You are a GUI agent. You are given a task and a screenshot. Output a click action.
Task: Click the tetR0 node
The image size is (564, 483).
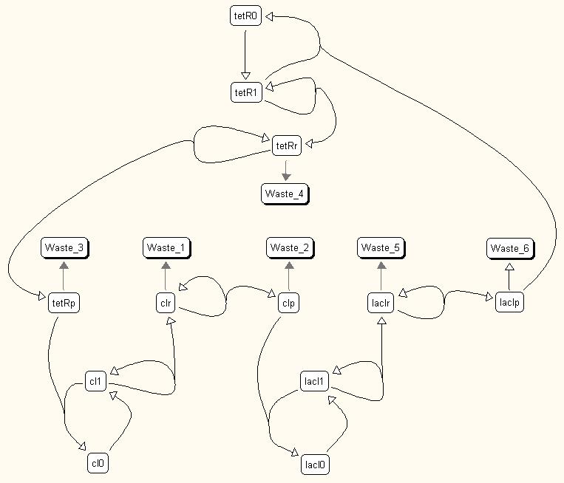point(245,16)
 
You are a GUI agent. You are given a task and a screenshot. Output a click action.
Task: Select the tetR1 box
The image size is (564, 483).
point(246,93)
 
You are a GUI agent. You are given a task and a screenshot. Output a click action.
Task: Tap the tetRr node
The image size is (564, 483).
point(287,145)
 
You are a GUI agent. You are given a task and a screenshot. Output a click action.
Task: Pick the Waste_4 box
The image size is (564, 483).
point(285,194)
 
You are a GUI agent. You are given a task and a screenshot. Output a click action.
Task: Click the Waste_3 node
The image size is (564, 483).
point(64,247)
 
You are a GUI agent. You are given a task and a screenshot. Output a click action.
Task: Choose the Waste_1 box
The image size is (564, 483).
point(166,247)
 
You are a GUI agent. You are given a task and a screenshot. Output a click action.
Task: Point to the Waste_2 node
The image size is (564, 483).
point(290,247)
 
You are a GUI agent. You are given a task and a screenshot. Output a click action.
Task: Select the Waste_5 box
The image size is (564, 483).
point(381,247)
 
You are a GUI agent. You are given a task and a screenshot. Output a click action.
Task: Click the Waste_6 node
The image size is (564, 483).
point(510,248)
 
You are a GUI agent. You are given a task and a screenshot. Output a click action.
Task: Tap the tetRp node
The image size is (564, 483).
point(64,303)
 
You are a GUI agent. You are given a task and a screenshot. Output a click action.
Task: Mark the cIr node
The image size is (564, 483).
point(166,303)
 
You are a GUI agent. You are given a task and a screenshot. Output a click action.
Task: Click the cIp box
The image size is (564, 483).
point(288,303)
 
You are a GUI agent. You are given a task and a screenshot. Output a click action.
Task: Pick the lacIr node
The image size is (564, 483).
point(381,303)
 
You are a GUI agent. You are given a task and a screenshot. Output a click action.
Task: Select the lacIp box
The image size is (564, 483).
point(509,302)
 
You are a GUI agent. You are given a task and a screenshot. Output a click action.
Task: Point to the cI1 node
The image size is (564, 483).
point(95,381)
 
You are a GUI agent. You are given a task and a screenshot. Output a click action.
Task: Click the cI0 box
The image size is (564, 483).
point(98,463)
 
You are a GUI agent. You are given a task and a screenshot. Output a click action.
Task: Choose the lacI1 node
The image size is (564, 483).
point(314,381)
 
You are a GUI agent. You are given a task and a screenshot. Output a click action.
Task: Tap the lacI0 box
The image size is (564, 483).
point(315,465)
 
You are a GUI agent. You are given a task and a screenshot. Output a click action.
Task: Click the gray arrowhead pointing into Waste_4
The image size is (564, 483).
point(286,177)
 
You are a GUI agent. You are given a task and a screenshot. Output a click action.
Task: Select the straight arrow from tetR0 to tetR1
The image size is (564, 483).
point(245,55)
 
